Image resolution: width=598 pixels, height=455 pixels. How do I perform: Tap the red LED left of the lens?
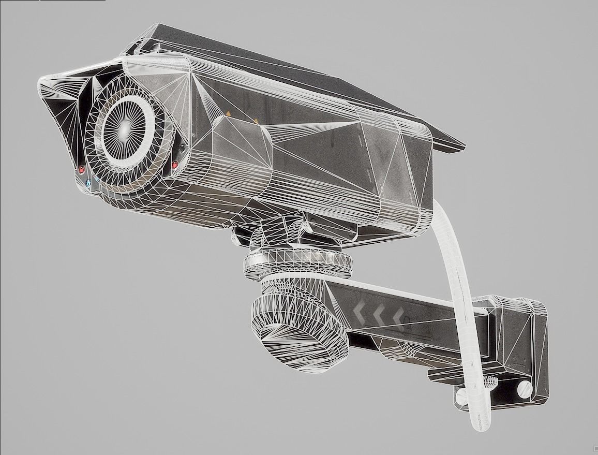(81, 169)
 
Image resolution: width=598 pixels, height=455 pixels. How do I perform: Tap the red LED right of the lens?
(175, 165)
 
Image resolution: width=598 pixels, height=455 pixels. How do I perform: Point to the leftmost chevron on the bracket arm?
(360, 311)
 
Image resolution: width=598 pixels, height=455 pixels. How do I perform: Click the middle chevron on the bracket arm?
(380, 313)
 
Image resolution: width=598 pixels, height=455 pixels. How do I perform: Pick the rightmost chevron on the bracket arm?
(398, 315)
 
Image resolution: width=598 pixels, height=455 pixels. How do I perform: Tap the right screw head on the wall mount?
(524, 388)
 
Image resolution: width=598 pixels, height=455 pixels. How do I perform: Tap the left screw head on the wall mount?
(461, 397)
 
